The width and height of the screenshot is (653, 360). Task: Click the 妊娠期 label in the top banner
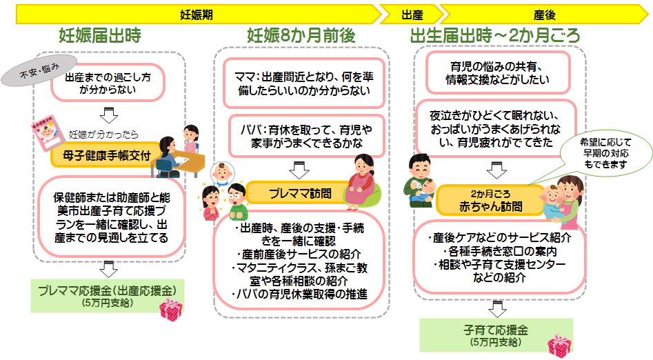click(x=192, y=13)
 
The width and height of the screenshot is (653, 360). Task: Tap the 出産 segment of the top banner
click(x=412, y=13)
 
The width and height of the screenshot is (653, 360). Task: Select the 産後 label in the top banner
click(x=544, y=13)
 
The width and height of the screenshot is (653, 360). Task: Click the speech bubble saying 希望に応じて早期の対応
click(x=595, y=153)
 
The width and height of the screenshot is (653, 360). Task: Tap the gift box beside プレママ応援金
click(x=170, y=310)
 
